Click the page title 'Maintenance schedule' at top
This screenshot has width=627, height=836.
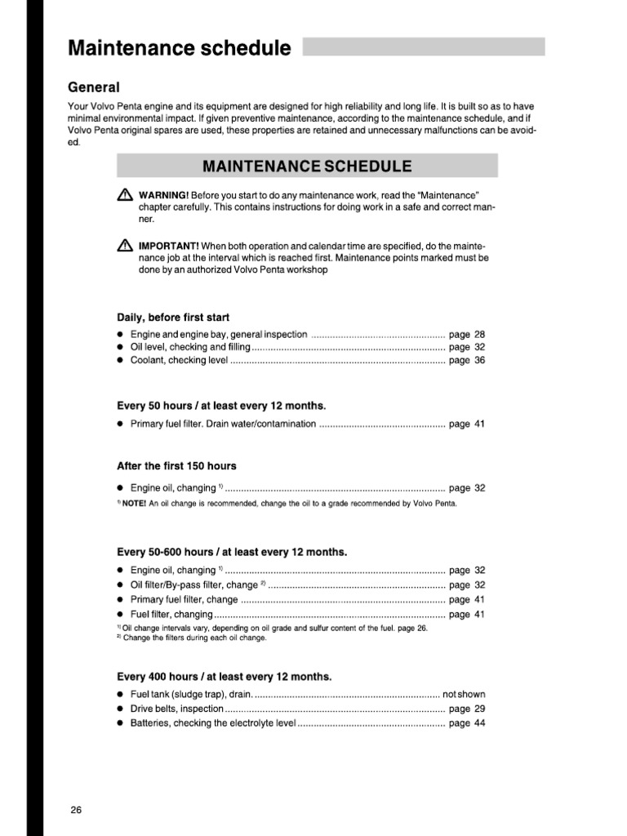coord(179,48)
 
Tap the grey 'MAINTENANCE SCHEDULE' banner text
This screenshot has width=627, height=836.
coord(307,167)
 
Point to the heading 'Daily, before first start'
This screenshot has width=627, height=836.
coord(173,317)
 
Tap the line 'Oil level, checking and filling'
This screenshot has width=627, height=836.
coord(190,347)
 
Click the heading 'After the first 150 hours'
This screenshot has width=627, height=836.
coord(176,466)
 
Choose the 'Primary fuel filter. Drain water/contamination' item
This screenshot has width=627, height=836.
coord(223,425)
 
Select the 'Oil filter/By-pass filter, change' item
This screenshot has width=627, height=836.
coord(194,585)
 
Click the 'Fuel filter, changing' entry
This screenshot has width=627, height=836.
coord(171,614)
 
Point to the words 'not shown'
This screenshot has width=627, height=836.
coord(464,695)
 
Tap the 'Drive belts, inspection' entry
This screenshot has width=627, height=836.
coord(176,709)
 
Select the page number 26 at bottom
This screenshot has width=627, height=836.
coord(76,810)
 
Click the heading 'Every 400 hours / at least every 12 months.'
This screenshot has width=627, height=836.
coord(225,677)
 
